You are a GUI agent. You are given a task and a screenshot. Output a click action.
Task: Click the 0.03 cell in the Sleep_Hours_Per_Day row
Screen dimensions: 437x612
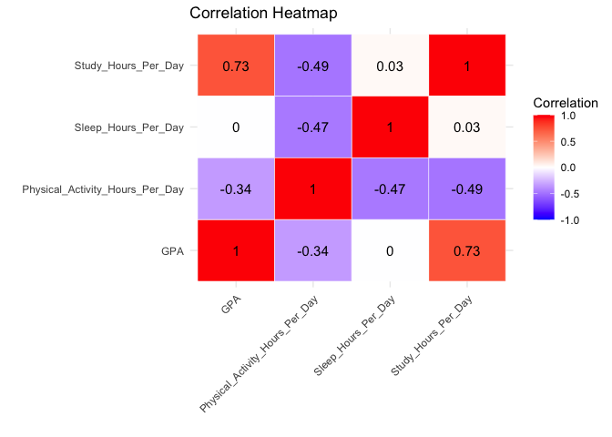click(x=467, y=127)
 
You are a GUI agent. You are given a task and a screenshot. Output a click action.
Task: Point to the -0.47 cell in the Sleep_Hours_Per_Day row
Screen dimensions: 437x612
click(x=312, y=127)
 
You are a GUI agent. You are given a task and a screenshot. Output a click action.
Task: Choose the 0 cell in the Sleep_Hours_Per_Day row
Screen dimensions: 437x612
click(x=235, y=127)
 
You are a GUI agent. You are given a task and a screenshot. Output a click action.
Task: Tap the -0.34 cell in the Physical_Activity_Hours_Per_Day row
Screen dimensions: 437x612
click(x=235, y=188)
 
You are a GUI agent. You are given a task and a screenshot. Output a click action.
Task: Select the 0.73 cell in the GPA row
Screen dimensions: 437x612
click(x=467, y=250)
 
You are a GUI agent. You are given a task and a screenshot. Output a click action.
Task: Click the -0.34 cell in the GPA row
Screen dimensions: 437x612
click(x=312, y=250)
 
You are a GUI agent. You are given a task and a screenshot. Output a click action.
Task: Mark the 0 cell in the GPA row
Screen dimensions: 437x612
click(x=390, y=250)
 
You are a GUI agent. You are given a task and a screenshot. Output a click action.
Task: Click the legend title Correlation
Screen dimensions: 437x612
click(x=565, y=103)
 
